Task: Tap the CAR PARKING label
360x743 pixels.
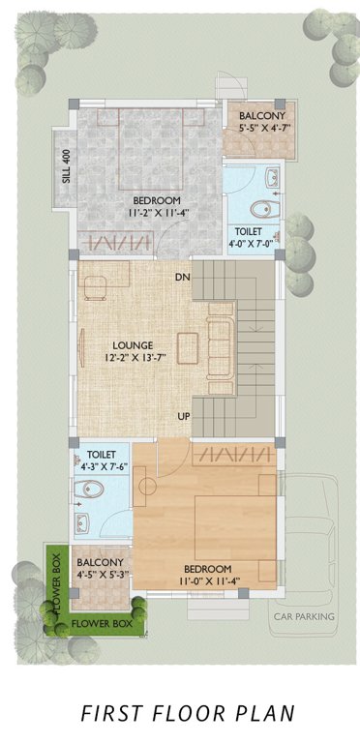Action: (303, 616)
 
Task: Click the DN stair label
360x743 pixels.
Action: (182, 279)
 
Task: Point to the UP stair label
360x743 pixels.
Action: (182, 416)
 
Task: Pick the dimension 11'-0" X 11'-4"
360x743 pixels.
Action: (208, 581)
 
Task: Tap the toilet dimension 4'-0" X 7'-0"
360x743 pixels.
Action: (252, 246)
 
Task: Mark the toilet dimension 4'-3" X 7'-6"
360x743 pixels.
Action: (102, 467)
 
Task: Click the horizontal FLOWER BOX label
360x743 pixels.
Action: (102, 625)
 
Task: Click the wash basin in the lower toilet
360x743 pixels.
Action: (84, 524)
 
